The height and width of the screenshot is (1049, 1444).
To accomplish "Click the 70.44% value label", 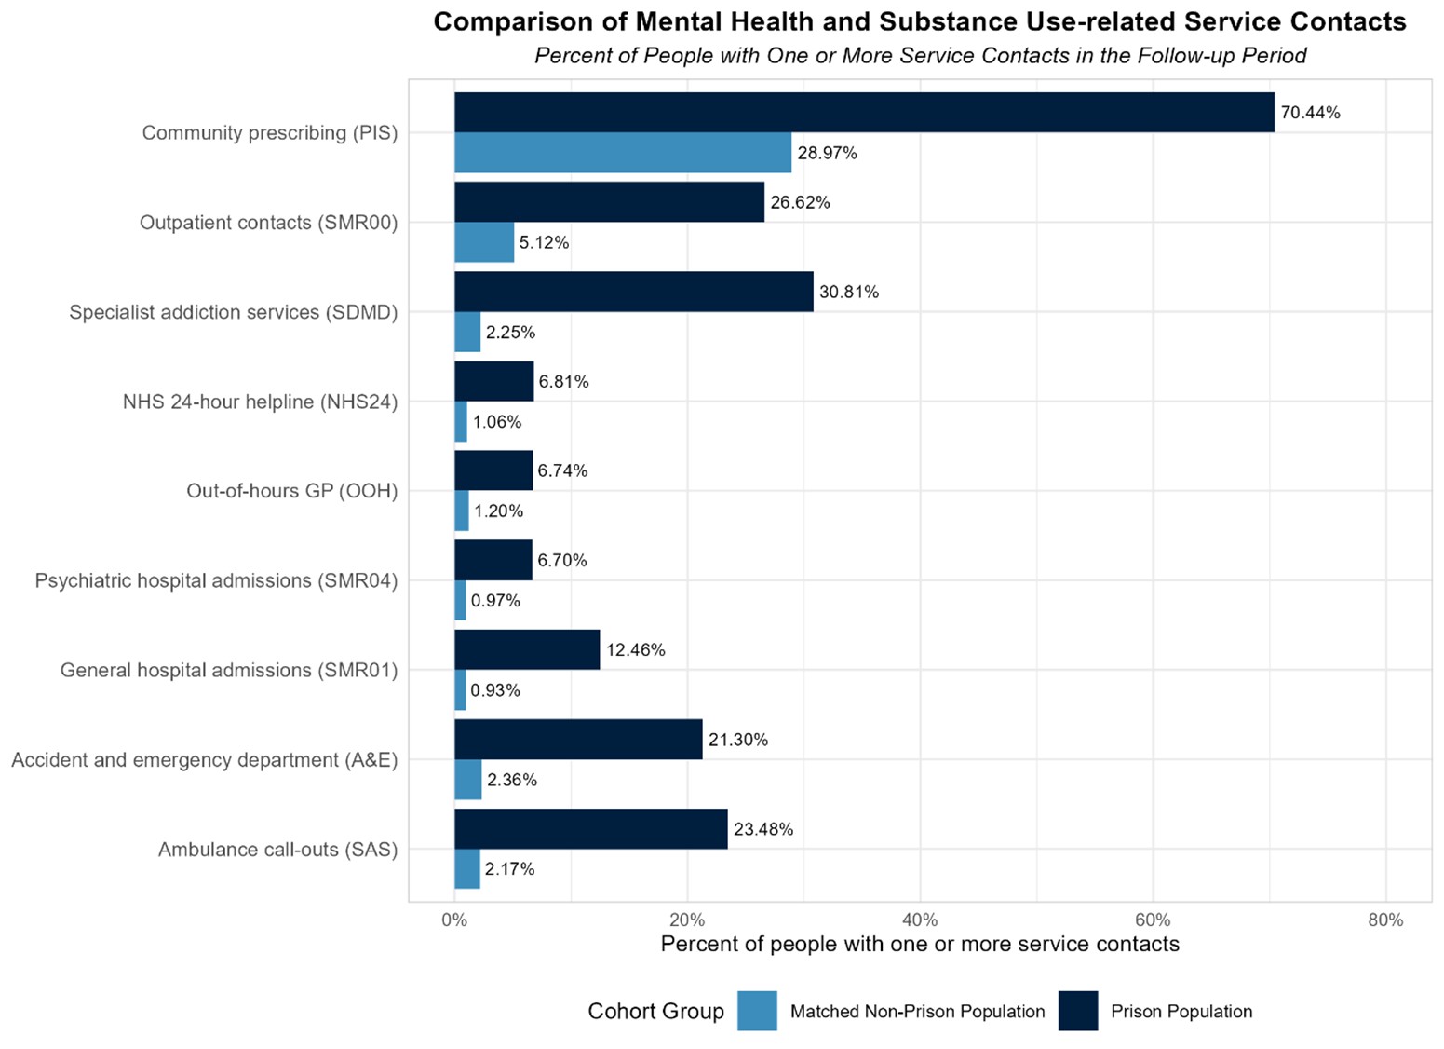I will coord(1310,113).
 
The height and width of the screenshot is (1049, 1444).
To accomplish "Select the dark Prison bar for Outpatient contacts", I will coord(609,202).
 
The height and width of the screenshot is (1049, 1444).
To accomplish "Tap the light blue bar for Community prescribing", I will coord(622,153).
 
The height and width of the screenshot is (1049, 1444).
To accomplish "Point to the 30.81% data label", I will coord(848,292).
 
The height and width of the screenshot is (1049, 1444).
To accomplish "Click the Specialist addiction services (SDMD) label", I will coord(233,312).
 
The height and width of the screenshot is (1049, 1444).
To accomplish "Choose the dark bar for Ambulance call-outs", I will coord(590,829).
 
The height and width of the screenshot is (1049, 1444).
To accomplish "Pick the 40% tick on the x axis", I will coord(920,920).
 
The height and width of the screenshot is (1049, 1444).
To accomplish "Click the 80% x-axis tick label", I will coord(1385,920).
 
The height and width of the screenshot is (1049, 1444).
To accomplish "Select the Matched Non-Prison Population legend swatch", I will coord(756,1011).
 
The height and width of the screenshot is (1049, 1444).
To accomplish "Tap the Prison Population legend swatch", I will coord(1077,1011).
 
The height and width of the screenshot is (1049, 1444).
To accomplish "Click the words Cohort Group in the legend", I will coord(655,1012).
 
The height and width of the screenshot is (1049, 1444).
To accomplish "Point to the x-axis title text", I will coord(919,945).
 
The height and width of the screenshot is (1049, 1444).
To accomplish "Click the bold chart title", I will coord(919,22).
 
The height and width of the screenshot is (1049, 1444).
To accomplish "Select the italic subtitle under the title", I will coord(919,56).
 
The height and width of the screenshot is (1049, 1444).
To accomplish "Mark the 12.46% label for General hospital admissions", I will coord(635,650).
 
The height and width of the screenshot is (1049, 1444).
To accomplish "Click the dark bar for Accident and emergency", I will coord(577,740).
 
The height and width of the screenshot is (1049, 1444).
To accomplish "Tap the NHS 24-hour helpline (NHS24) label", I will coord(260,402).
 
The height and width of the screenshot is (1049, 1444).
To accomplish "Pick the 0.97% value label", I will coord(495,601).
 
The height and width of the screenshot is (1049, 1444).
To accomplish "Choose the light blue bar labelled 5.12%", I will coord(483,242).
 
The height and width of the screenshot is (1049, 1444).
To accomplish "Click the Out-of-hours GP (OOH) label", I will coord(291,491).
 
